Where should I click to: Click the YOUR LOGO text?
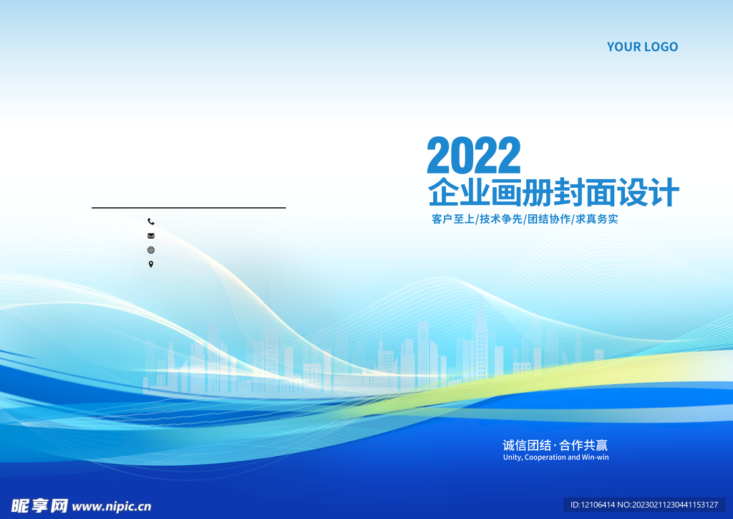642,47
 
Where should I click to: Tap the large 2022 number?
474,156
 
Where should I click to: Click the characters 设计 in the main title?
648,192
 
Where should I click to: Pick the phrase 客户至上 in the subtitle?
453,219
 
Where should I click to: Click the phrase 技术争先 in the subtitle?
501,219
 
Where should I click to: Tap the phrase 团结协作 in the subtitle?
549,219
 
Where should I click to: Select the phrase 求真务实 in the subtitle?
597,219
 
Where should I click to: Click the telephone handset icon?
151,222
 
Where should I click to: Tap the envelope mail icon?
151,236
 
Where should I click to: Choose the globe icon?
151,250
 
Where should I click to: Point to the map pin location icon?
151,265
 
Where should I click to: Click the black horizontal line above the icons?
189,207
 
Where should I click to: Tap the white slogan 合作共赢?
583,445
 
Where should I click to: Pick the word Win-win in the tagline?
595,457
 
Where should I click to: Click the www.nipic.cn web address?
112,506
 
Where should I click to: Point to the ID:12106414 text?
592,505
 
